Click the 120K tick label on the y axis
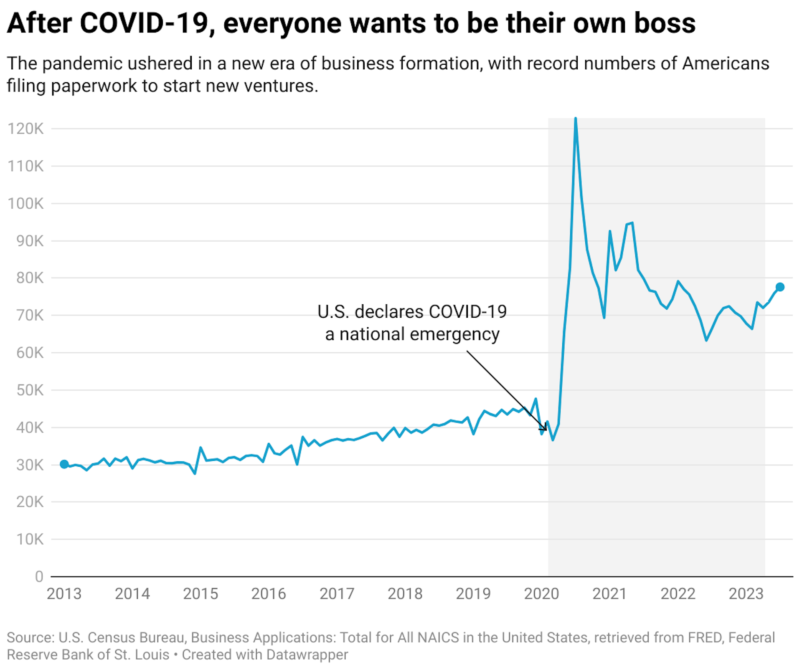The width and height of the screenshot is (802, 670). tap(25, 129)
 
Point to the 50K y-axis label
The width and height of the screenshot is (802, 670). tap(30, 390)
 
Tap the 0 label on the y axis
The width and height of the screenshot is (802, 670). tap(39, 577)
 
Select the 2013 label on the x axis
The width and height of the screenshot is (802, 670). tap(64, 594)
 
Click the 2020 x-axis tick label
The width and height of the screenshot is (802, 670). tap(541, 594)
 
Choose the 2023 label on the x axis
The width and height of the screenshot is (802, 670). tap(746, 594)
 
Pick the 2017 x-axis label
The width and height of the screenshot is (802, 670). tap(337, 594)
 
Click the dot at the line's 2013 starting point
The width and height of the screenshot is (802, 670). tap(64, 464)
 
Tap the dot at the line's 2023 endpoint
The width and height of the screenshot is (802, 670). tap(780, 287)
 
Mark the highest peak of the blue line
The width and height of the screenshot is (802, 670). tap(576, 119)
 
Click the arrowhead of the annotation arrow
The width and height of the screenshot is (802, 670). tap(545, 429)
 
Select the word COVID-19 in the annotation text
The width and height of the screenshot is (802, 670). tap(467, 312)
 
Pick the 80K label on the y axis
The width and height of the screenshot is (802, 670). tap(30, 278)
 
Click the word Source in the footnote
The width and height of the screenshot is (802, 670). tap(30, 638)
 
